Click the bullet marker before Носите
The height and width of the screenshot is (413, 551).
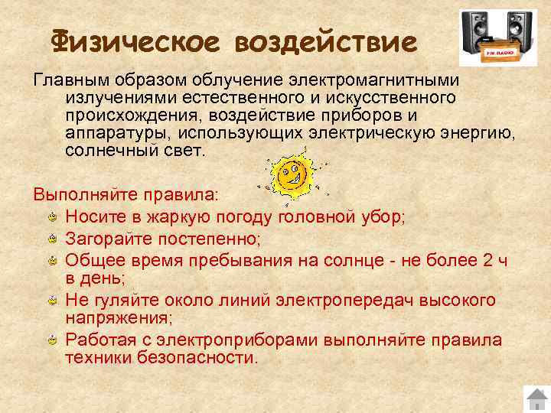click(x=52, y=219)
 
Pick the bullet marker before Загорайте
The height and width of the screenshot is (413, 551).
click(x=52, y=240)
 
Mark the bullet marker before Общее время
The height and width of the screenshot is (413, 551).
click(x=52, y=262)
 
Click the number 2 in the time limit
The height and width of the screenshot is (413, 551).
click(x=488, y=261)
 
